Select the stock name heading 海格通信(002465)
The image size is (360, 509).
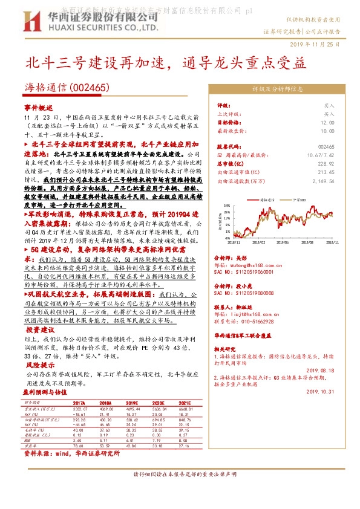pos(67,88)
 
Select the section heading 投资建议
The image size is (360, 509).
pos(41,330)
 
